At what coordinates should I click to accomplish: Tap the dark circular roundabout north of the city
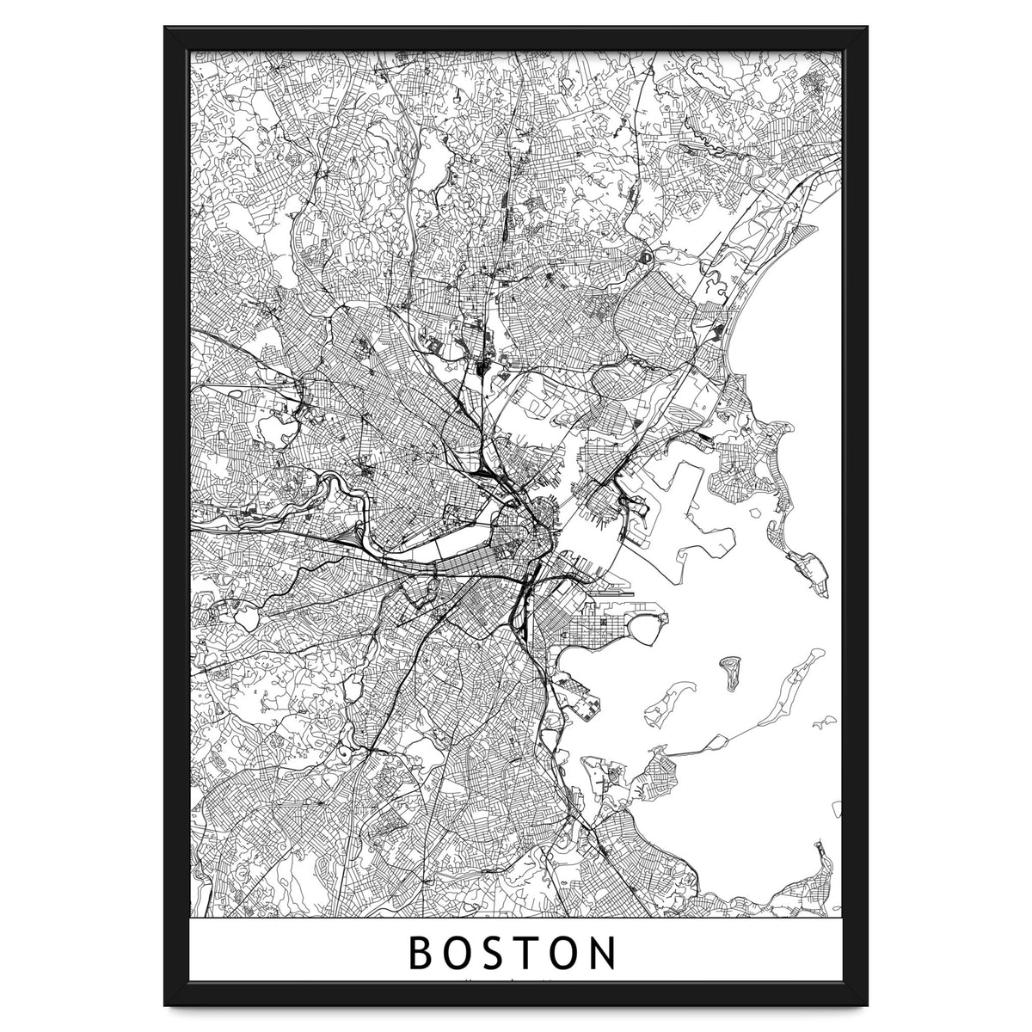point(645,256)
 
